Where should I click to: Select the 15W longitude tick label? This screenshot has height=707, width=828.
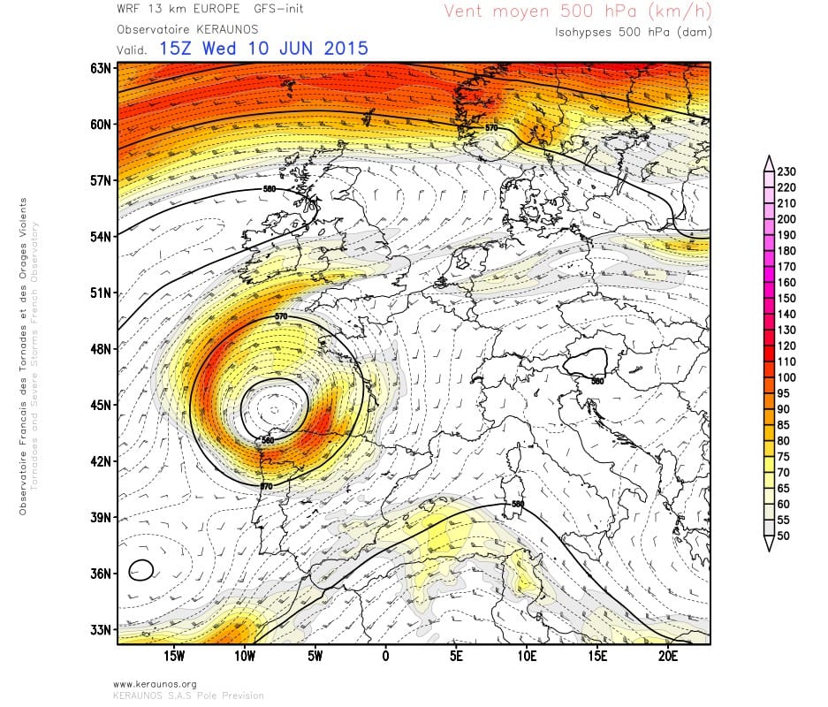tap(174, 656)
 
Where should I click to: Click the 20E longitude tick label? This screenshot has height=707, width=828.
tap(668, 656)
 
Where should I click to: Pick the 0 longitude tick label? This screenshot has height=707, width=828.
tap(385, 656)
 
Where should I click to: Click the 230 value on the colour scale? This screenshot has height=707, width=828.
tap(787, 171)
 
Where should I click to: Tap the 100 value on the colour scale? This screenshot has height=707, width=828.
tap(787, 377)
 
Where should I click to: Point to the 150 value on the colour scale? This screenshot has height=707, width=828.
tap(787, 298)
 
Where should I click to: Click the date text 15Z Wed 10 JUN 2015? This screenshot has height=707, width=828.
tap(263, 48)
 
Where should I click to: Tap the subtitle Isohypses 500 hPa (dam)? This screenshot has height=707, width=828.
tap(633, 32)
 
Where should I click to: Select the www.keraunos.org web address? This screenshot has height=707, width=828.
tap(155, 684)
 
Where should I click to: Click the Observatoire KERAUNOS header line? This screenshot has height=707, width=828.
tap(182, 29)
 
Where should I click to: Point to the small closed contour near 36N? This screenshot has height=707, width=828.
tap(141, 570)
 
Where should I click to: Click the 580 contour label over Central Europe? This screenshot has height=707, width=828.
tap(597, 382)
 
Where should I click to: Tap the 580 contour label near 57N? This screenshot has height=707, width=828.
tap(270, 188)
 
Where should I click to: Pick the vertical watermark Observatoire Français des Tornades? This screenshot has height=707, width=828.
tap(23, 353)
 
